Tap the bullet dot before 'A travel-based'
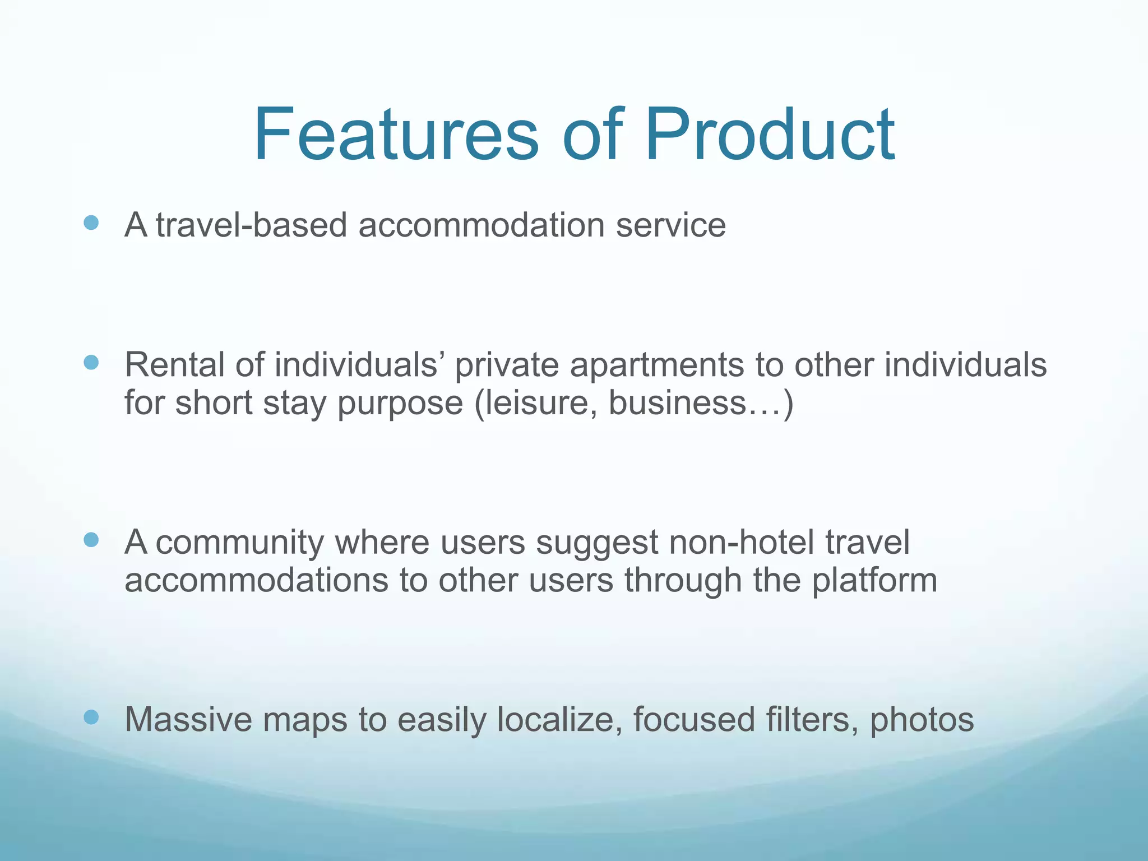tap(91, 223)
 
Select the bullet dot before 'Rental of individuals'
tap(91, 363)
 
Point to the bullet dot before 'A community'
tap(91, 540)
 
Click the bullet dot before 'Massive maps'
tap(91, 717)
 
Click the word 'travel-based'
tap(251, 225)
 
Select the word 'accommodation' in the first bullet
tap(481, 225)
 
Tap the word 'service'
tap(670, 225)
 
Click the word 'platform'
tap(874, 581)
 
